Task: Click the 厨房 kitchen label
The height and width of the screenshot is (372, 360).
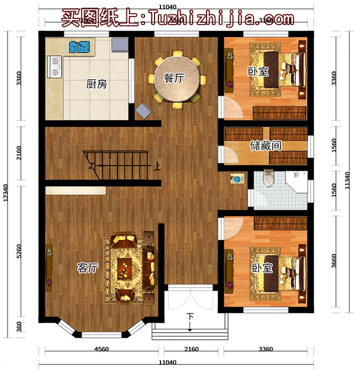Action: point(96,85)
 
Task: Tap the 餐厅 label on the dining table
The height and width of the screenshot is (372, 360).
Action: point(174,78)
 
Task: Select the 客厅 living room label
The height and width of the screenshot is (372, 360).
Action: point(88,268)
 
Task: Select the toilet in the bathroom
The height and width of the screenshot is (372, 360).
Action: point(269,178)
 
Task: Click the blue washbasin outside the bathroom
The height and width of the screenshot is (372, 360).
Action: point(238,179)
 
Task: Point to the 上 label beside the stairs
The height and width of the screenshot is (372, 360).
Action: point(158,165)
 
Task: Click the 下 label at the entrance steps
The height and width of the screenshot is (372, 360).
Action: point(190,317)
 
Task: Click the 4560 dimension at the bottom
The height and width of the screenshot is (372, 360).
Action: point(100,349)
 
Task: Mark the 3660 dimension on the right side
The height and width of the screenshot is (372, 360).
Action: point(332,261)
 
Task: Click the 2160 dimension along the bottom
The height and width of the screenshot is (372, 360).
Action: point(191,349)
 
